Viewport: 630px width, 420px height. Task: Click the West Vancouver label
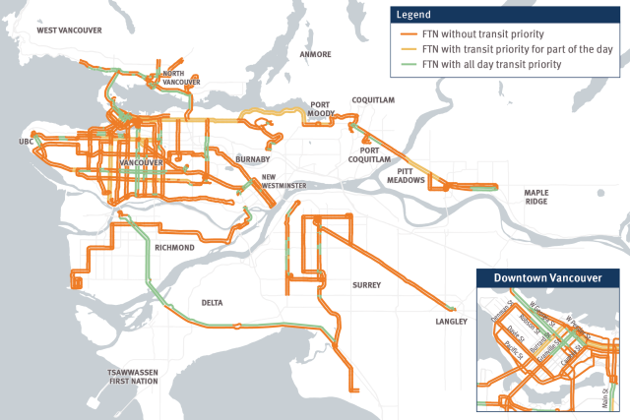point(69,30)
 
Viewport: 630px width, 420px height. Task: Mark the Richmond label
point(174,248)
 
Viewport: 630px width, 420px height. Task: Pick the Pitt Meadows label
point(405,175)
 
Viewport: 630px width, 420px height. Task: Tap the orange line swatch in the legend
point(404,32)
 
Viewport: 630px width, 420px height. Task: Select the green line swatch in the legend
point(404,64)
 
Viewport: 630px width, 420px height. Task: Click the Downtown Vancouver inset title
point(548,278)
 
